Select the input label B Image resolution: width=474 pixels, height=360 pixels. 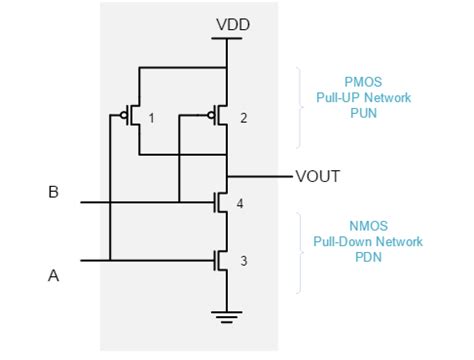(53, 192)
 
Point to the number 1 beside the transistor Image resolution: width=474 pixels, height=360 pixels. (151, 118)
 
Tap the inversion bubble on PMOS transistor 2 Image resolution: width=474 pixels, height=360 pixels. (211, 116)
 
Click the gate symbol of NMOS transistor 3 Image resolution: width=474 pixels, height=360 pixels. (216, 261)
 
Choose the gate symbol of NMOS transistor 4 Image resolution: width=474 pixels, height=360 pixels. (216, 203)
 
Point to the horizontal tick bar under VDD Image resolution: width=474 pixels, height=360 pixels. (228, 40)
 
